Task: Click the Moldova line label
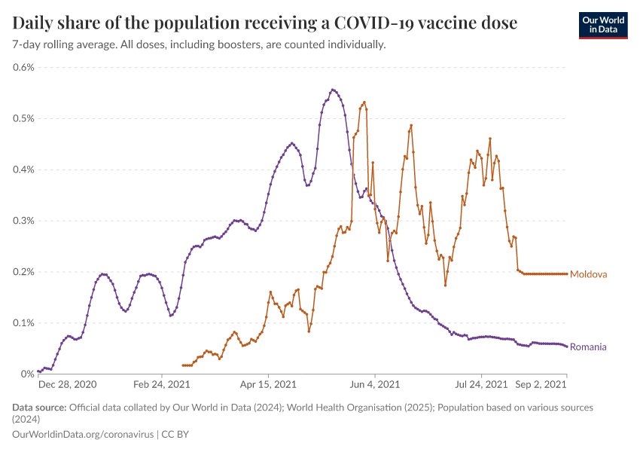[x=588, y=274]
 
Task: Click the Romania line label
[x=588, y=347]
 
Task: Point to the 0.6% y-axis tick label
[x=24, y=67]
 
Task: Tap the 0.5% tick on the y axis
[x=24, y=118]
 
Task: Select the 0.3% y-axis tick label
[x=24, y=221]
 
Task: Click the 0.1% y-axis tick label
[x=24, y=323]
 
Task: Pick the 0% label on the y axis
[x=29, y=374]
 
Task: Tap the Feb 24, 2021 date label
[x=162, y=385]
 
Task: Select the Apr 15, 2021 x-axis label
[x=269, y=385]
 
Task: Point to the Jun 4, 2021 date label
[x=375, y=385]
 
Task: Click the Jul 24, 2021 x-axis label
[x=481, y=385]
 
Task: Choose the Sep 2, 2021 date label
[x=541, y=385]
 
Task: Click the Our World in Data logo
[x=602, y=25]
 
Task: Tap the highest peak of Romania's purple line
[x=332, y=90]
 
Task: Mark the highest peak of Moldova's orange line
[x=364, y=102]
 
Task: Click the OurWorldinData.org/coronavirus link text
[x=83, y=435]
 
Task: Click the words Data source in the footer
[x=39, y=408]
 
